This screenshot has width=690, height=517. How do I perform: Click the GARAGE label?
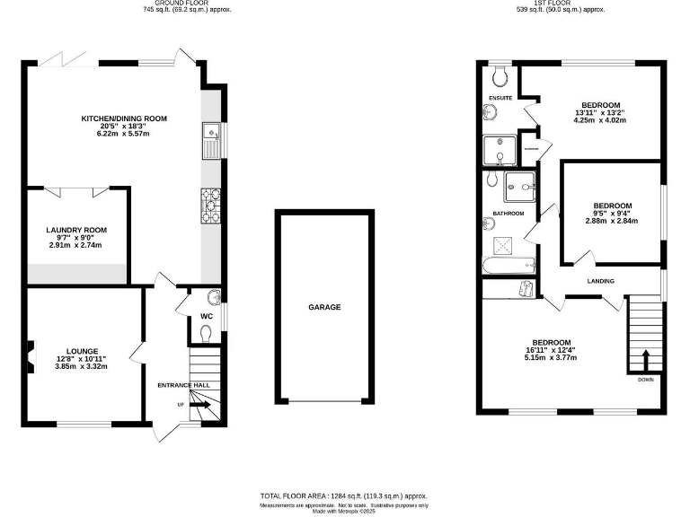[325, 307]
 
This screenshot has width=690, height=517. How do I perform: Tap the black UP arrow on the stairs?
[200, 406]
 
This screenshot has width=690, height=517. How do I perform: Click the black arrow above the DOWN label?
[644, 361]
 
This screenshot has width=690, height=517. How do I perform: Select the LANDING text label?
[601, 281]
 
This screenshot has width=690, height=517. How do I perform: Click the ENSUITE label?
[500, 96]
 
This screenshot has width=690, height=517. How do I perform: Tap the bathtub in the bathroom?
[508, 265]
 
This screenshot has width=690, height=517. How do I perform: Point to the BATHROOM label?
[508, 214]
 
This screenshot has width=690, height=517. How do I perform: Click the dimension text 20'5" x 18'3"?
[124, 127]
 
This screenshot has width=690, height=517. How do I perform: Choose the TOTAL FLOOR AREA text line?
[344, 495]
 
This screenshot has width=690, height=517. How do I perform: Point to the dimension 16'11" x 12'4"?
[550, 350]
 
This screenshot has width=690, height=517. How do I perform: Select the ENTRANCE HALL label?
[183, 385]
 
